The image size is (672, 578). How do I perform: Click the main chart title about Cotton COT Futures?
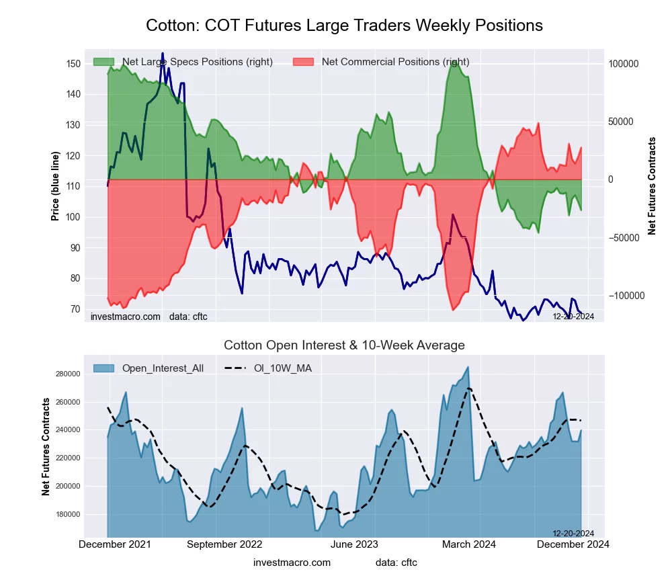(x=344, y=26)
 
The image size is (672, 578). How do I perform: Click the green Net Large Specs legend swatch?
(x=103, y=62)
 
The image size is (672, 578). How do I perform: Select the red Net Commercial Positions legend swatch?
(x=304, y=62)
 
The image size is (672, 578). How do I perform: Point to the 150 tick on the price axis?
(x=73, y=64)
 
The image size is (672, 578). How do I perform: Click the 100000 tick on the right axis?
(x=624, y=64)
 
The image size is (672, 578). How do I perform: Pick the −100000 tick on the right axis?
(x=625, y=296)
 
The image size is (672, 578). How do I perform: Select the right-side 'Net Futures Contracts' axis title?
(x=652, y=186)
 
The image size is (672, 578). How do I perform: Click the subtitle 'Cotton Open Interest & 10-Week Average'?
(x=344, y=345)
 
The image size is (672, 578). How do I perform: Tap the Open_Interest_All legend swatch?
(x=103, y=368)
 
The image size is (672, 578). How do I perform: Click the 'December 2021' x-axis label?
(x=115, y=544)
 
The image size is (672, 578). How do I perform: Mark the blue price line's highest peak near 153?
(x=162, y=53)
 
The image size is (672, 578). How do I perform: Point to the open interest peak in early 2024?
(x=468, y=367)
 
